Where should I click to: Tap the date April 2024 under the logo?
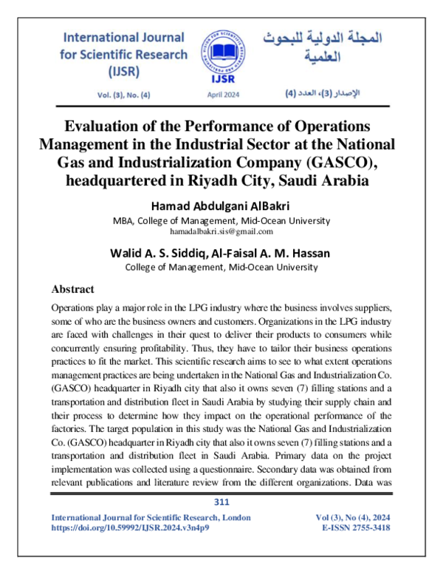[x=221, y=95]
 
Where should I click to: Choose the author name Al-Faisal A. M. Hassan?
[x=277, y=253]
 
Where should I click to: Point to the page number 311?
[x=221, y=502]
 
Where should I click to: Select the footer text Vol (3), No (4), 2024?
[x=347, y=517]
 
